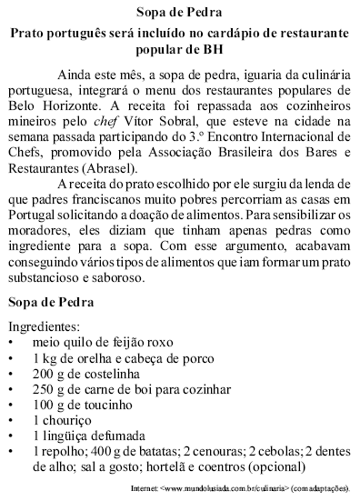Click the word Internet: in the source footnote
(x=145, y=491)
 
